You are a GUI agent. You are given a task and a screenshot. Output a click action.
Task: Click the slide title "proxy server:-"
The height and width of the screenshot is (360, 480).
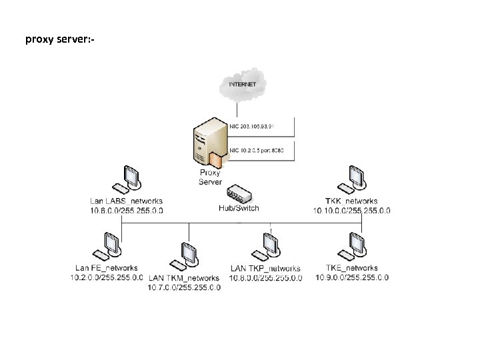click(x=60, y=39)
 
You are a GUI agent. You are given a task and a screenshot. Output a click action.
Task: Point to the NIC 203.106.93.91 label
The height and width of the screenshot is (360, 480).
click(x=256, y=125)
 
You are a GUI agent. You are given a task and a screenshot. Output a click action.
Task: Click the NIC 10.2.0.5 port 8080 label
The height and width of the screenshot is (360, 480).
click(x=257, y=151)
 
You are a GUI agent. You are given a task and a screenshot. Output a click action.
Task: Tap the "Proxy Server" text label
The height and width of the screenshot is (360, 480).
click(x=209, y=177)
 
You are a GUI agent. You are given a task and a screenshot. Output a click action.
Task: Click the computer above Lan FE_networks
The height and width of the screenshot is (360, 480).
click(x=108, y=246)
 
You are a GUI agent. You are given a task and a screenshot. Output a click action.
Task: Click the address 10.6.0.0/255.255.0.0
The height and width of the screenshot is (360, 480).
click(x=126, y=210)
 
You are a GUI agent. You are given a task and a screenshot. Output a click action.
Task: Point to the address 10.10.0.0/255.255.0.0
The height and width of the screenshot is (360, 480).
click(x=351, y=210)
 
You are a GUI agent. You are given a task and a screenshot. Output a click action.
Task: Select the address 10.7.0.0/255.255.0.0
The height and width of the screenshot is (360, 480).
click(x=184, y=287)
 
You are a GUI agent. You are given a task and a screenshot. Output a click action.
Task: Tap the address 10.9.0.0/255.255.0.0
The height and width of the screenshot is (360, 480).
click(x=351, y=277)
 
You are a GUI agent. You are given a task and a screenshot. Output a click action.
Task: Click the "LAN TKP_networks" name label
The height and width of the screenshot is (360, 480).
click(x=265, y=269)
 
